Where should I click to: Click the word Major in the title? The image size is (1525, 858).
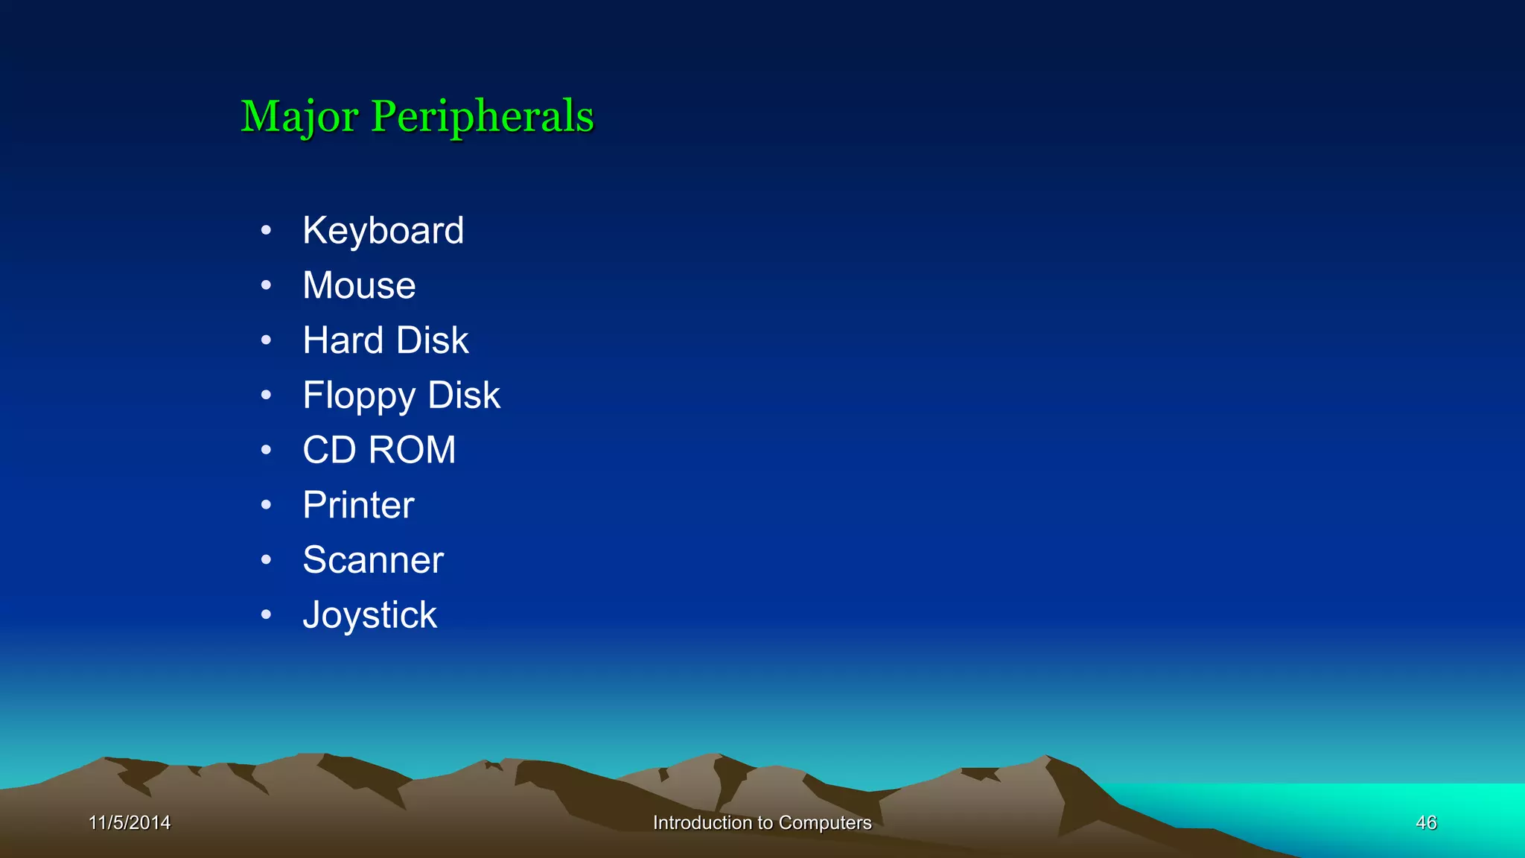(x=299, y=117)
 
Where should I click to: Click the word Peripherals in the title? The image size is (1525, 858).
(x=483, y=117)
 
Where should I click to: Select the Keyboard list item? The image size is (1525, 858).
(x=383, y=230)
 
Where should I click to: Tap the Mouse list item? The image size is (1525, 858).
(x=359, y=285)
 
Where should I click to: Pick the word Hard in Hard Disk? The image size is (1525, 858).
(x=343, y=340)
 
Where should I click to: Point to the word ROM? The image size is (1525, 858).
(x=412, y=450)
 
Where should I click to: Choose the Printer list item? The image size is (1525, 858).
(x=358, y=505)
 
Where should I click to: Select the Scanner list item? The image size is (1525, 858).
(x=373, y=560)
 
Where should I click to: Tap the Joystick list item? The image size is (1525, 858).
(x=369, y=615)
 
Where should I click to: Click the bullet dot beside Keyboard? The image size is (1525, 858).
(x=266, y=230)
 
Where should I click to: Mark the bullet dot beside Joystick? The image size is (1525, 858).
(x=266, y=615)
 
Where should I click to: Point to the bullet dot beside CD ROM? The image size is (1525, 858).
(x=266, y=450)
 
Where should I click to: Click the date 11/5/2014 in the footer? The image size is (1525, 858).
(x=130, y=822)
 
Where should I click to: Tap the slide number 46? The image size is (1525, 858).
(x=1426, y=822)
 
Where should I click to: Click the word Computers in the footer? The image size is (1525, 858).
(x=824, y=822)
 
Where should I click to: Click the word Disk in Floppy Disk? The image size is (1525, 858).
(x=464, y=395)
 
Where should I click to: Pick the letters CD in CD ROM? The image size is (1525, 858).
(x=329, y=450)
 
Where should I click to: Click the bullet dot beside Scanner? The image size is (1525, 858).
(x=266, y=560)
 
